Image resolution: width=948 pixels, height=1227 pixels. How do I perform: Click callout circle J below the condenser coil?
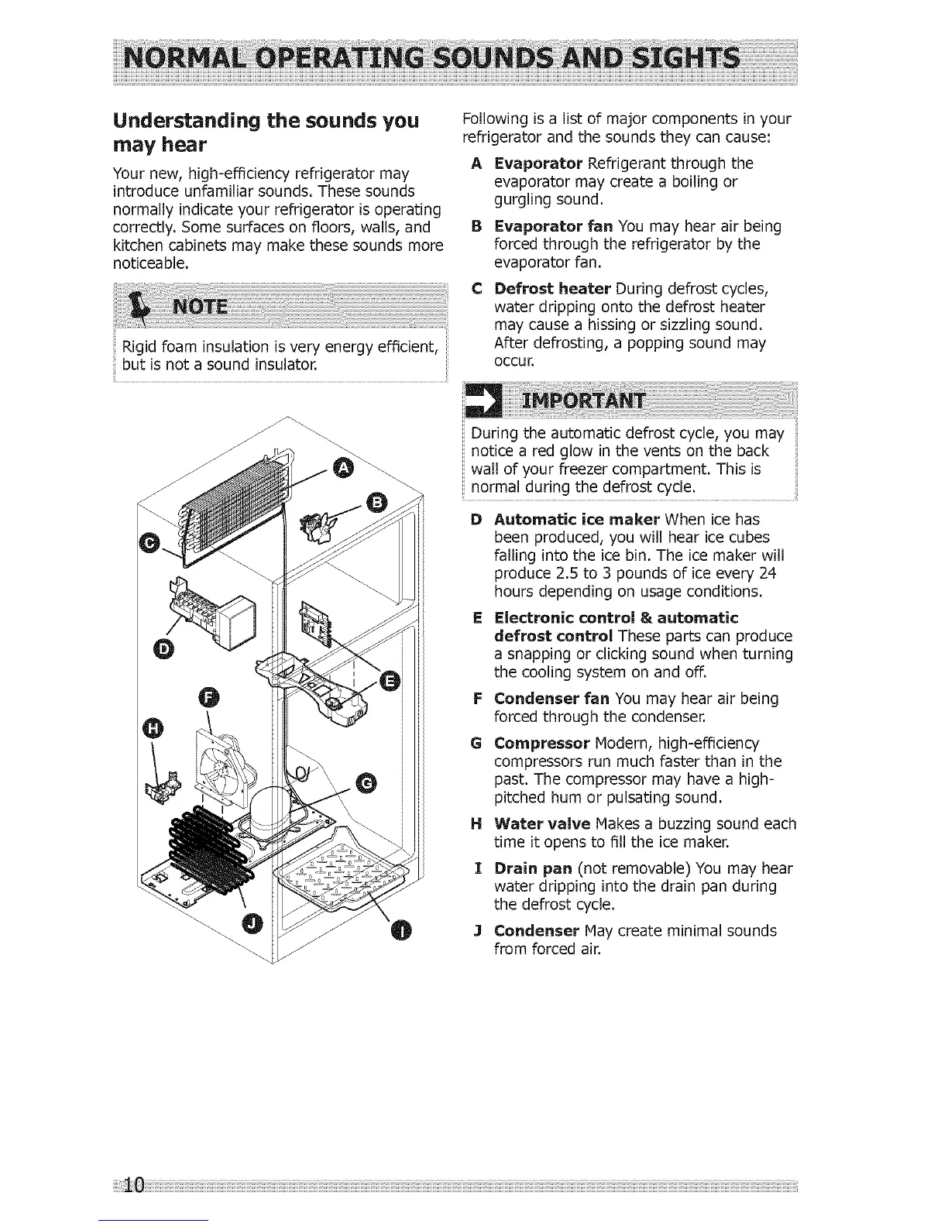[x=252, y=922]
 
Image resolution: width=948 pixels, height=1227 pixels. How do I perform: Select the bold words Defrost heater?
[x=553, y=289]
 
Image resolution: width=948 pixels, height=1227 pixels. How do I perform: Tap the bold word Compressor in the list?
[x=542, y=744]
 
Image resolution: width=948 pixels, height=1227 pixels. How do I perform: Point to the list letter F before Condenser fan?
[x=476, y=699]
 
